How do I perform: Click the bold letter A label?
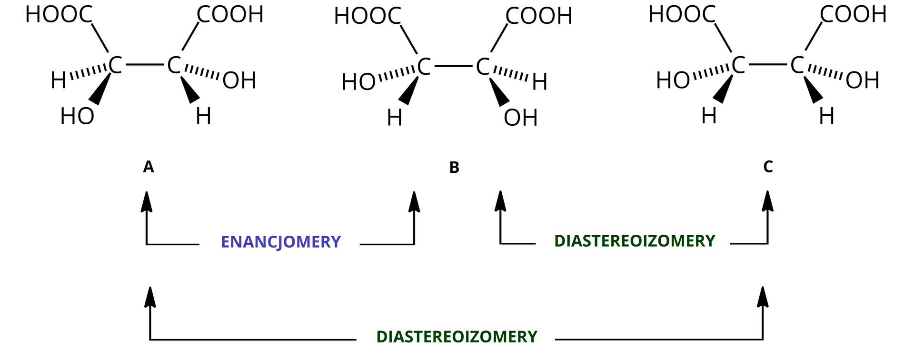click(x=149, y=167)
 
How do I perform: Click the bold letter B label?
click(x=454, y=168)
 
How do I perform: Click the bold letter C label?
click(x=768, y=167)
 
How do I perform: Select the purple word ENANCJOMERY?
click(x=281, y=242)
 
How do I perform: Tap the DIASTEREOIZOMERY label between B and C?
click(x=635, y=241)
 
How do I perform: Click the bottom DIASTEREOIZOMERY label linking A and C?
click(x=457, y=337)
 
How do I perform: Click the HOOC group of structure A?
click(x=59, y=15)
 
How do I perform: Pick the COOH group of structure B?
click(x=538, y=17)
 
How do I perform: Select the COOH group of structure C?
click(x=853, y=15)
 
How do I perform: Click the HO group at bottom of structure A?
click(x=77, y=116)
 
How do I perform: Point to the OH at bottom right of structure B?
click(x=520, y=118)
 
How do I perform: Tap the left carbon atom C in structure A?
click(x=115, y=65)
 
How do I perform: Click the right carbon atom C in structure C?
click(x=797, y=65)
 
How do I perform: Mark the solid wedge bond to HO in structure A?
click(x=101, y=90)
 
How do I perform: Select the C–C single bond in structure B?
click(x=453, y=66)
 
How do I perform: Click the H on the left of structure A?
click(x=58, y=81)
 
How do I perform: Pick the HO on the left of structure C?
click(x=673, y=81)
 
